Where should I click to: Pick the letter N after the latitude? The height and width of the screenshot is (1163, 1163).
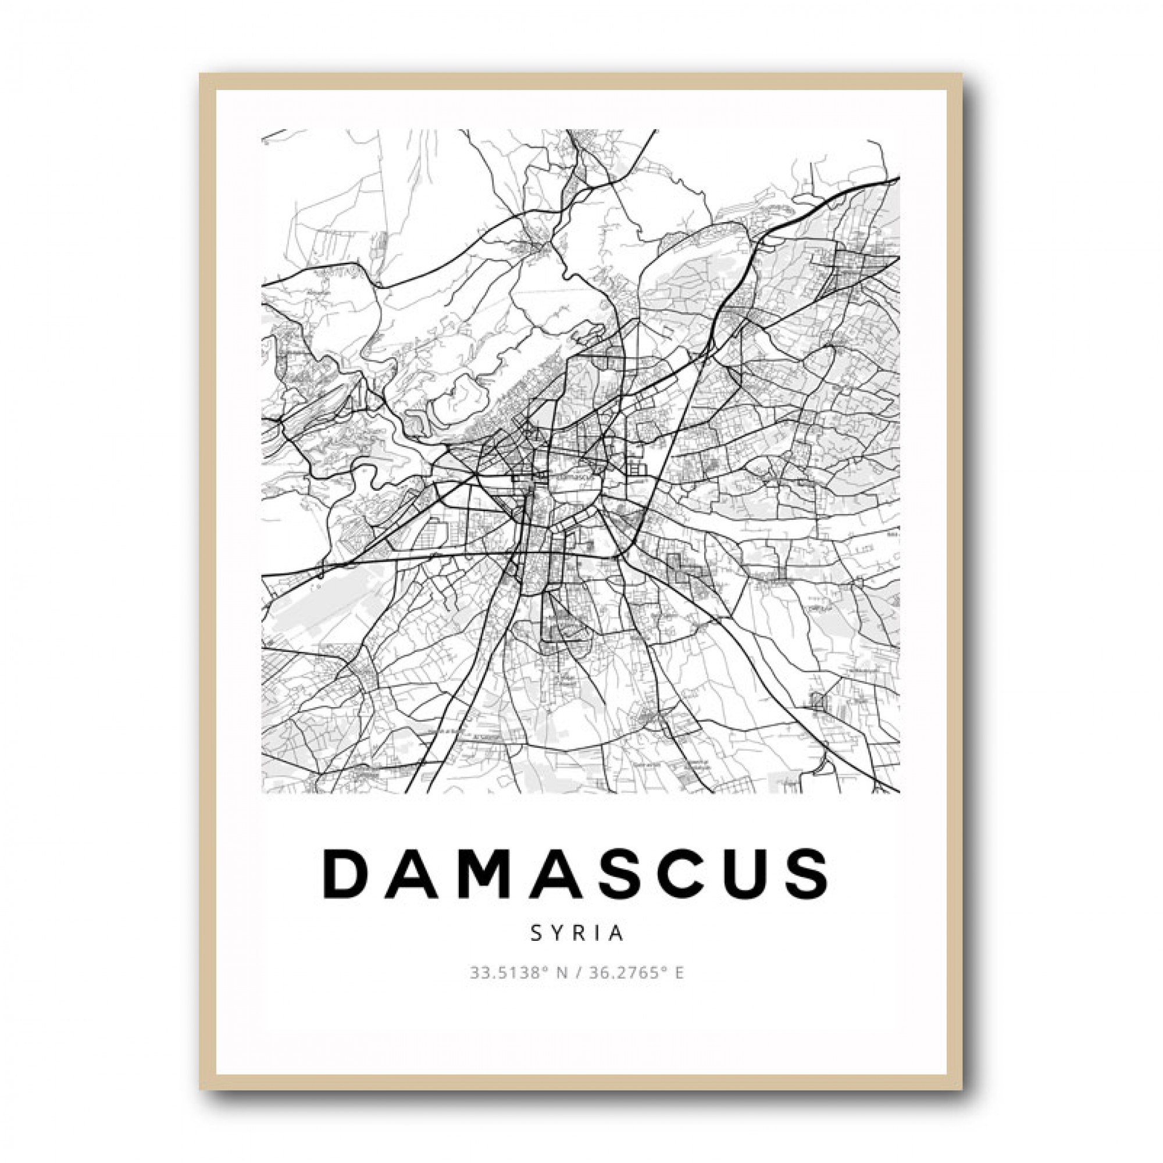tap(562, 973)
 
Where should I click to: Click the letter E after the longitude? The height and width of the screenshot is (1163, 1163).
tap(680, 973)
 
